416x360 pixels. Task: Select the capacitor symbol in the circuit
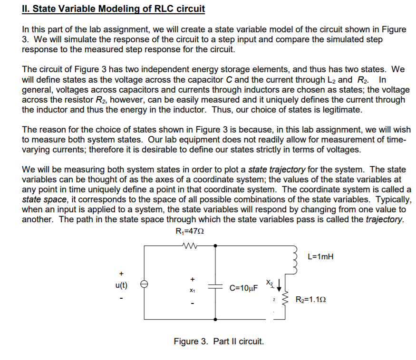click(216, 288)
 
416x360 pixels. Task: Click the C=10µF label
click(243, 288)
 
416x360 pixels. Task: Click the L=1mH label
click(320, 257)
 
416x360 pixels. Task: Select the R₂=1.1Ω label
click(310, 300)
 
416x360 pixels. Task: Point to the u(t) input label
click(121, 285)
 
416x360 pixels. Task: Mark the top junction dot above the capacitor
click(216, 246)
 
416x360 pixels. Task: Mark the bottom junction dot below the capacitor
click(216, 319)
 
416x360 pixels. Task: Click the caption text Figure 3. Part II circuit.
click(219, 341)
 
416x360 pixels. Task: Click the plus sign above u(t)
click(121, 274)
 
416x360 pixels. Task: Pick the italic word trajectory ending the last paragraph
click(384, 219)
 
